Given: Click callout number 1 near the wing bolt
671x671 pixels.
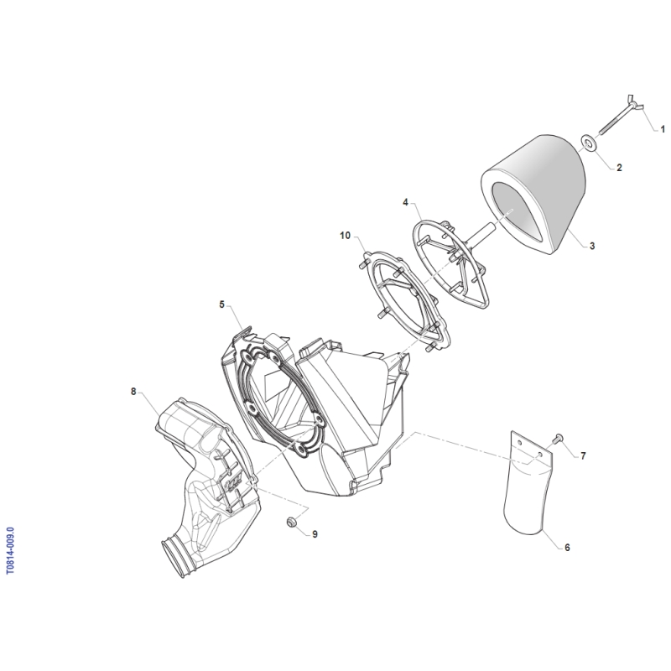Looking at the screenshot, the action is coord(663,129).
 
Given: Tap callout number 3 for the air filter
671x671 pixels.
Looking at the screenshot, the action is coord(592,246).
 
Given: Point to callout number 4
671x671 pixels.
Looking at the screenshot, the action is coord(405,202).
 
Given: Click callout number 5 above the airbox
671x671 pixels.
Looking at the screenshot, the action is coord(221,304).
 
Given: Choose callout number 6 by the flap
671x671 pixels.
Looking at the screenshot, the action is coord(568,548).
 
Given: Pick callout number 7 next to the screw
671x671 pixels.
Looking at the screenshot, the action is coord(583,456).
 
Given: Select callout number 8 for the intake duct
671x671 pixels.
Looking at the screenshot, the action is coord(133,392).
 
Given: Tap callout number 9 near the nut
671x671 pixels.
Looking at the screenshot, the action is coord(315,534).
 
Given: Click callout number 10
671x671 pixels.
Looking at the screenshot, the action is coord(345,236).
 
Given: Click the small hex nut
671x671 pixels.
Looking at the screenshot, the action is coord(291,522).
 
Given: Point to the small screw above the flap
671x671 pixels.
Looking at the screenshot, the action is coord(558,438).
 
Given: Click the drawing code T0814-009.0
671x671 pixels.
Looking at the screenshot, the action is coord(11,550).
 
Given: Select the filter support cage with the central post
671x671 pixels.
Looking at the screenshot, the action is coord(450,262).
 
